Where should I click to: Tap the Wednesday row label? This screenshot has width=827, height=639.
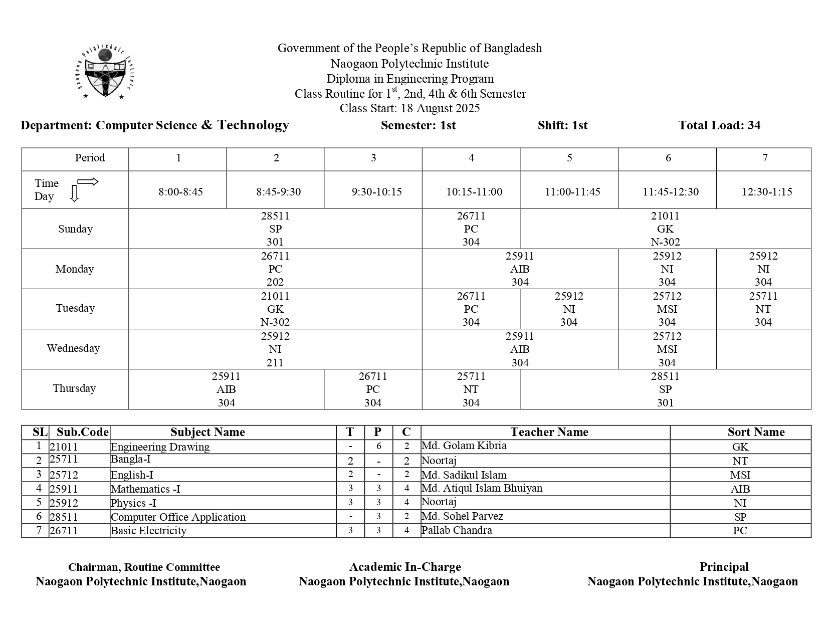[73, 348]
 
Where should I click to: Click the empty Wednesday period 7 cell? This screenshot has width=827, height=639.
[763, 349]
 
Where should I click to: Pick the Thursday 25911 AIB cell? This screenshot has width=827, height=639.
[226, 389]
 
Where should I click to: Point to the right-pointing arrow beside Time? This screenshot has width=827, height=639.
[88, 182]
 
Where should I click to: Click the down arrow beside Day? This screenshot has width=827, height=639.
[74, 193]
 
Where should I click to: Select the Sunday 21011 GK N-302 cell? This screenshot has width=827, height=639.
[665, 229]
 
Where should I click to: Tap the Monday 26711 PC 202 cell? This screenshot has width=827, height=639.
[275, 269]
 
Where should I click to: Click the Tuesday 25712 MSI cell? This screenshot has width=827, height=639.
[667, 309]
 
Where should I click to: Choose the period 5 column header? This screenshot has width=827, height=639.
[569, 158]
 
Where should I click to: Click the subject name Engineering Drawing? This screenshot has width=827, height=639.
[160, 447]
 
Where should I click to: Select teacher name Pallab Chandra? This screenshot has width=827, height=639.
[457, 530]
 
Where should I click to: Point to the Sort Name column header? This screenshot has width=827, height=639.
[756, 432]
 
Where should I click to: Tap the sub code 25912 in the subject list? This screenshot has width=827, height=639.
[64, 503]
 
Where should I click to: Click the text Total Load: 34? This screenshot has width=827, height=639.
[719, 125]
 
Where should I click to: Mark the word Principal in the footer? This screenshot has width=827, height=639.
[724, 567]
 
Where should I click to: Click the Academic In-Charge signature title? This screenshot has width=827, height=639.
[404, 567]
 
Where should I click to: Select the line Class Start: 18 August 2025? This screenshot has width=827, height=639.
[409, 108]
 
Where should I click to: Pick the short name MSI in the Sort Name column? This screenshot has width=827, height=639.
[740, 475]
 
